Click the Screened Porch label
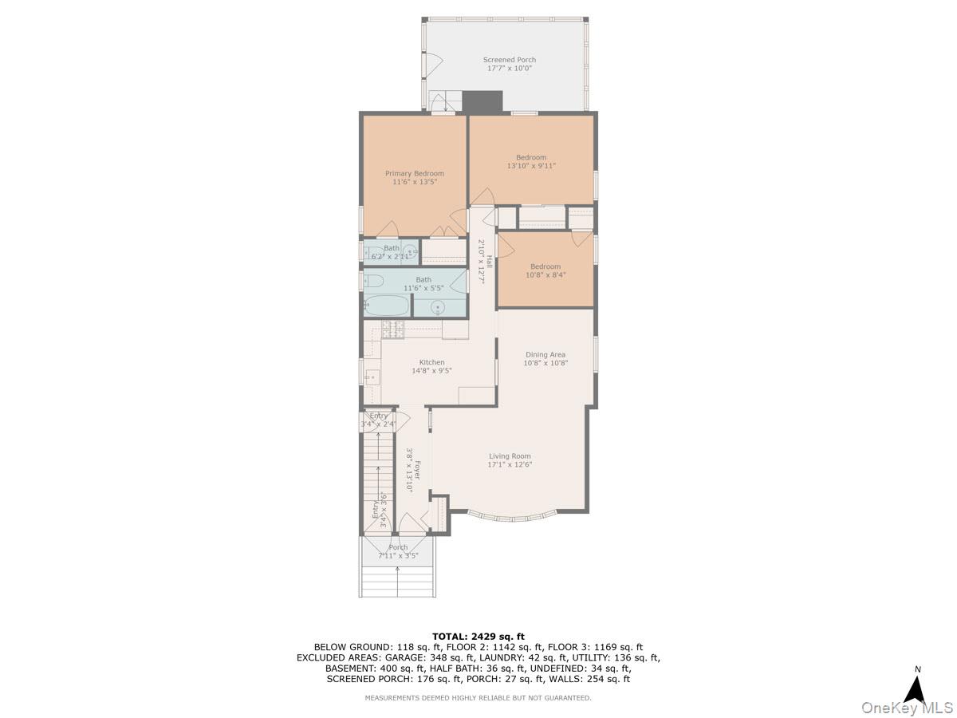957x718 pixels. tap(509, 60)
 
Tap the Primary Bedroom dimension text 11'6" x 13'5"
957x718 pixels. tap(415, 183)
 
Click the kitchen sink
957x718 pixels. tap(371, 377)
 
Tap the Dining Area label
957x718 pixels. tap(545, 354)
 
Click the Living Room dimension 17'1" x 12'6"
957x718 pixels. tap(510, 465)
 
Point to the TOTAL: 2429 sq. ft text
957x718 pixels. tap(478, 636)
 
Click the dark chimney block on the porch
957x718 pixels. tap(482, 101)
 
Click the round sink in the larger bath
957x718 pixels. tap(439, 306)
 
